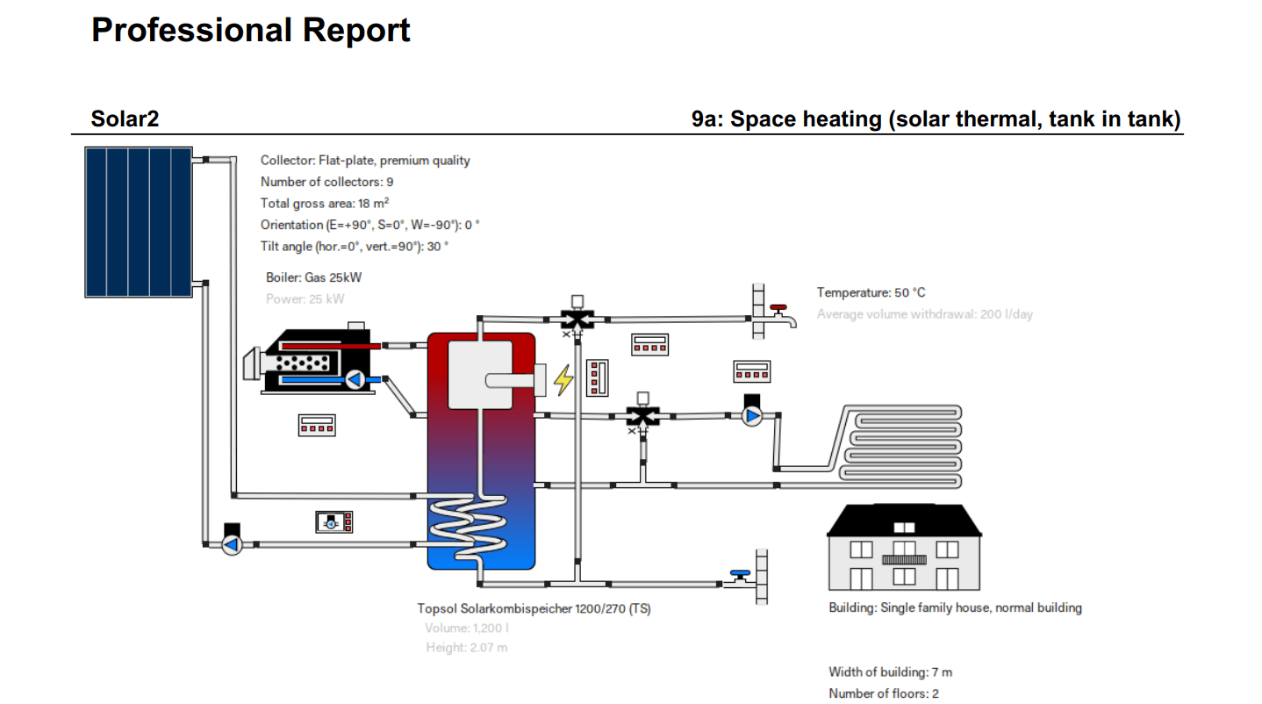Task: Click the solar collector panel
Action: coord(138,222)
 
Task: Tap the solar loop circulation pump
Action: coord(232,544)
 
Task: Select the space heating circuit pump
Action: coord(752,415)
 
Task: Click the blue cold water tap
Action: coord(740,577)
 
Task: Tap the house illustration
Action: coord(904,548)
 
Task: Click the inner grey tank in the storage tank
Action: coord(480,375)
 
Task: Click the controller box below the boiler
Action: coord(317,425)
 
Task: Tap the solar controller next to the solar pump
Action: coord(334,521)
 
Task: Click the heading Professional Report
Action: coord(250,31)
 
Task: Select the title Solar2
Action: coord(125,119)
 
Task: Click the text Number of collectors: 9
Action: coord(326,182)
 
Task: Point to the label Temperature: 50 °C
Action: coord(871,292)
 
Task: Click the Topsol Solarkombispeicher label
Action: coord(534,608)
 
